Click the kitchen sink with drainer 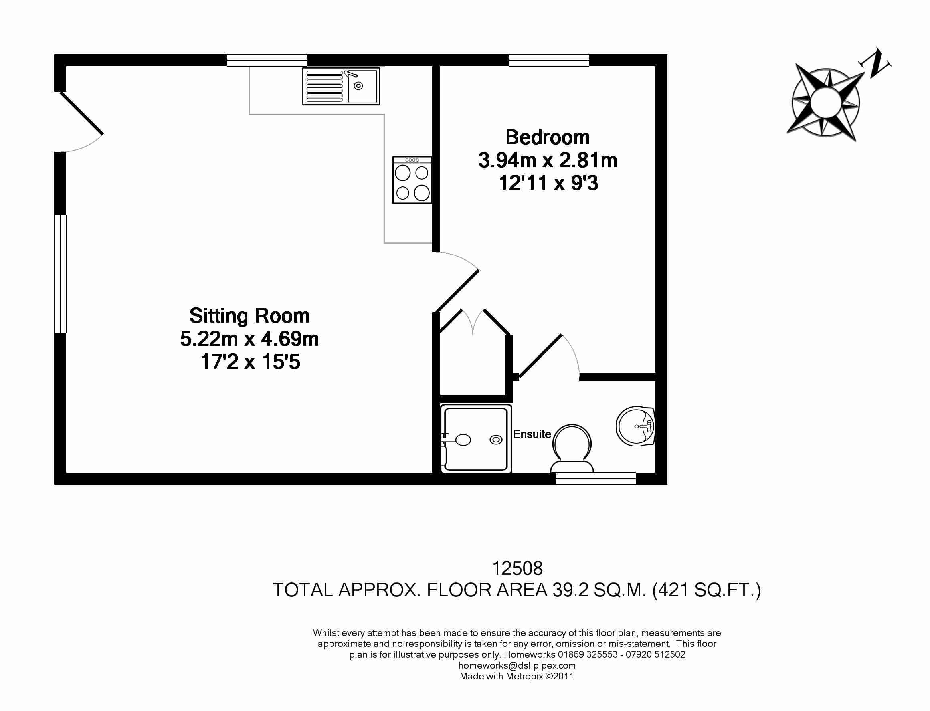pos(341,86)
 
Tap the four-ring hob pos(412,180)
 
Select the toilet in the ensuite pos(572,449)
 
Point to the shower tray pos(475,439)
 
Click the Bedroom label pos(547,137)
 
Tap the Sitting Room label pos(249,316)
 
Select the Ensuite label pos(532,434)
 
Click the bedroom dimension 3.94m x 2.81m pos(547,160)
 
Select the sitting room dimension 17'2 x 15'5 pos(250,362)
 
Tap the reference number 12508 pos(517,569)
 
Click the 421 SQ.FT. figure pos(706,590)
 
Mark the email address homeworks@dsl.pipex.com pos(517,665)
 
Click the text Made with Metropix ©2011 pos(517,676)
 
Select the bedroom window pos(549,61)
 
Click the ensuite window pos(595,479)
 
